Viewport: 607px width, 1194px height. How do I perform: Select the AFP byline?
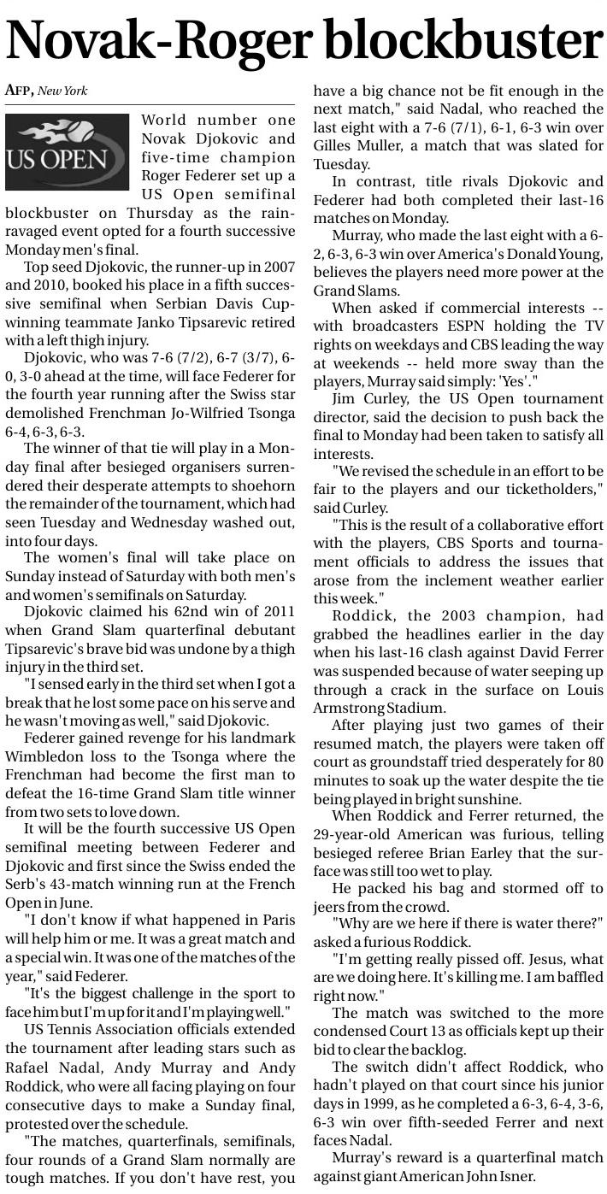[19, 91]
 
